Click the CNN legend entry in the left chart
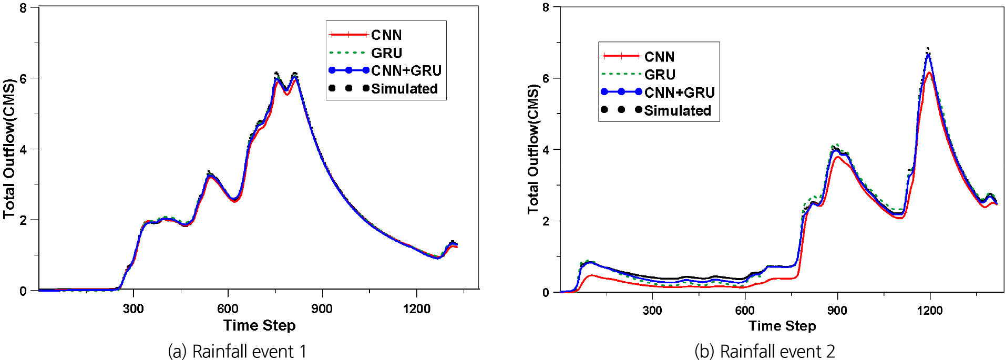pos(386,35)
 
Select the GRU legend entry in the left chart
pos(386,53)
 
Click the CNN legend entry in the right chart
pos(659,57)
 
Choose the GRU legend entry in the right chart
pos(660,75)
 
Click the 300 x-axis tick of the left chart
pos(134,309)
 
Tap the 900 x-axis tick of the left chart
pos(322,309)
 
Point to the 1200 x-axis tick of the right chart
pos(930,311)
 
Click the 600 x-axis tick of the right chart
pos(745,311)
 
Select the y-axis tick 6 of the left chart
pos(23,78)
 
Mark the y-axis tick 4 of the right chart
pos(546,150)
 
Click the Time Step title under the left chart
pos(259,326)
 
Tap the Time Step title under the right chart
pos(782,326)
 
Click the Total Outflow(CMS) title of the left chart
pos(9,149)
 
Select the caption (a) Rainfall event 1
pos(237,351)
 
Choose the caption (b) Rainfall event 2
pos(765,351)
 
